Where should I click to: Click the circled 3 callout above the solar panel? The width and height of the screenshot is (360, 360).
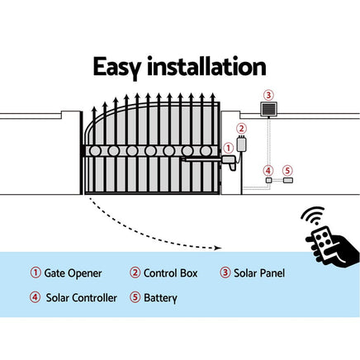coord(267,94)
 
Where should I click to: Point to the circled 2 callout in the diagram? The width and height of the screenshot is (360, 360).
coord(241,128)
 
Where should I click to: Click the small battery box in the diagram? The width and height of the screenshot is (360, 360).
coord(288,180)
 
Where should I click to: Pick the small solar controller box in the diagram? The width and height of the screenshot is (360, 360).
coord(268,180)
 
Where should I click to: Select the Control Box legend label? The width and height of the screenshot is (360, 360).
coord(170,273)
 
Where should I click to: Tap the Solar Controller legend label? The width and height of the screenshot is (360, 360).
coord(81,297)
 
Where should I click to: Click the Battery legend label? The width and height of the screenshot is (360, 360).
coord(160,297)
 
